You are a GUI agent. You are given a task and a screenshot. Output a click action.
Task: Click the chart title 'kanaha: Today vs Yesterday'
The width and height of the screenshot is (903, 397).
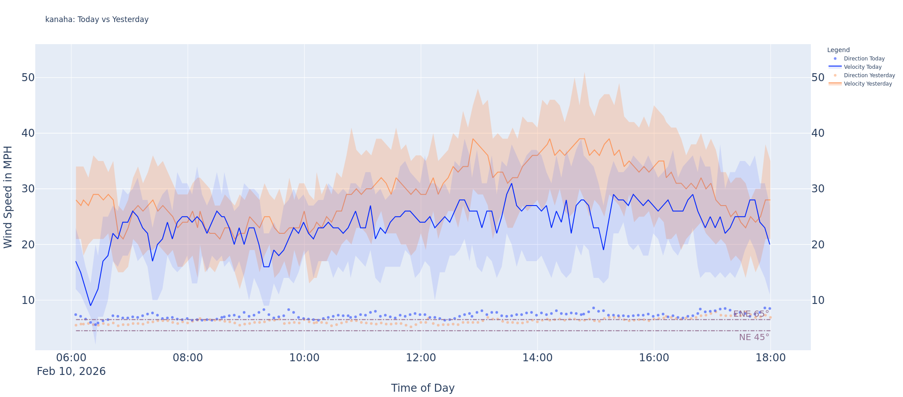tap(97, 19)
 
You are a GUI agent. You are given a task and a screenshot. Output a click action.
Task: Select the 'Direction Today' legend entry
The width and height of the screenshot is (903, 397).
tap(864, 59)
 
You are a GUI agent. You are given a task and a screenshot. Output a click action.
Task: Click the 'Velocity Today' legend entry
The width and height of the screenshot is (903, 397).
tap(862, 67)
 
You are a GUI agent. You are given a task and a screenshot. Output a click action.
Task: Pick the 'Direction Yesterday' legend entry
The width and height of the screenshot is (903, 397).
tap(869, 75)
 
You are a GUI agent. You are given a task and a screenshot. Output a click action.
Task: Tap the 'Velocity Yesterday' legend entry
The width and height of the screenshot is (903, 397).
tap(868, 84)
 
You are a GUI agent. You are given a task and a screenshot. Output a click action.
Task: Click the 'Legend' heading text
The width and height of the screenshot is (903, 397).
tap(838, 50)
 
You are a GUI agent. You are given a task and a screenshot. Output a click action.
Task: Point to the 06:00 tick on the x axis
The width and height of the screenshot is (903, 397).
tap(71, 358)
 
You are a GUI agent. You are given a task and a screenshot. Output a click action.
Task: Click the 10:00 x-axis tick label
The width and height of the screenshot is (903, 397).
tap(304, 358)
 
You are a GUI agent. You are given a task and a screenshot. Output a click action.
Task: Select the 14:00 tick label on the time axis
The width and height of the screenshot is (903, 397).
tap(537, 358)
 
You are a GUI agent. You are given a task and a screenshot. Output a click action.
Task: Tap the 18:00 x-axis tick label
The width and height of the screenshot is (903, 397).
tap(770, 358)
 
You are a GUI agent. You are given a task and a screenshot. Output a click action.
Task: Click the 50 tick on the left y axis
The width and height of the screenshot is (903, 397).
tap(28, 78)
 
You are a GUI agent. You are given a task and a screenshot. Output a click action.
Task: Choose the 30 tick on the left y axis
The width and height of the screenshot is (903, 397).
tap(28, 189)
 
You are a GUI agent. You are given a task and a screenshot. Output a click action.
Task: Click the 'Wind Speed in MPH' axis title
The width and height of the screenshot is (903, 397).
tap(8, 197)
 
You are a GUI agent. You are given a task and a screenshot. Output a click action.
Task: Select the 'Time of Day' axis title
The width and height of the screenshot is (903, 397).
tap(422, 388)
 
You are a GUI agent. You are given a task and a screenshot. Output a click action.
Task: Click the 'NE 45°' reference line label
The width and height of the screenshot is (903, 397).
tap(754, 337)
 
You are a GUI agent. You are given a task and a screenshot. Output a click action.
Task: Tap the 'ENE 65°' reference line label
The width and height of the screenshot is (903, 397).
tap(751, 314)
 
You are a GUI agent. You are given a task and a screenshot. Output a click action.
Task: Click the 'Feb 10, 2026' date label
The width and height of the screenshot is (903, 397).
tap(71, 371)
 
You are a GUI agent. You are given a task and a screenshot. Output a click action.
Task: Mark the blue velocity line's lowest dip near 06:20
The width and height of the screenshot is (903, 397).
tap(90, 305)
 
